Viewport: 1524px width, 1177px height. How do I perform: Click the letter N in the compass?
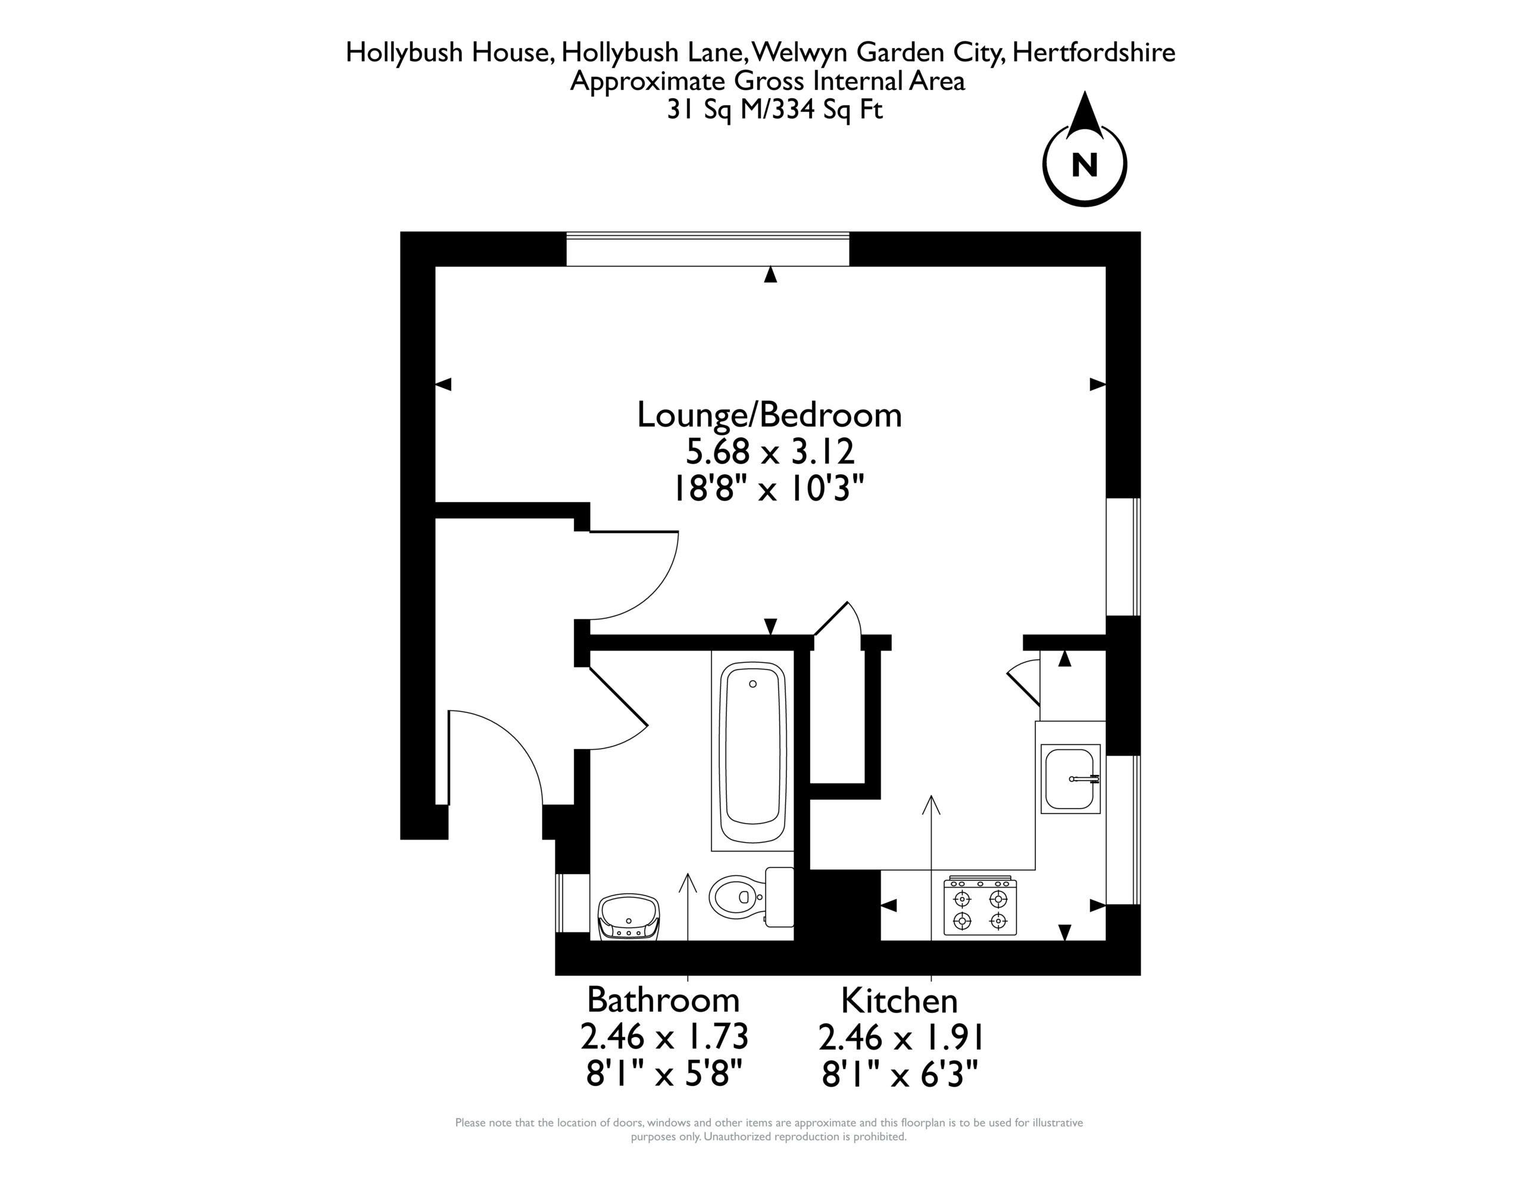1085,165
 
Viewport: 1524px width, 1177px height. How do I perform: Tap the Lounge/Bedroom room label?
770,415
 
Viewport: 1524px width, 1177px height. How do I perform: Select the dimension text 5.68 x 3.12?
770,452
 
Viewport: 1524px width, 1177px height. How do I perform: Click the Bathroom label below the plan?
663,1000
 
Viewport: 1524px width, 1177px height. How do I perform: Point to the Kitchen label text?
900,1001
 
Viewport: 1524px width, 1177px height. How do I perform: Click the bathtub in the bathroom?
752,753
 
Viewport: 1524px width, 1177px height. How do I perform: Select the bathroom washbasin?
629,918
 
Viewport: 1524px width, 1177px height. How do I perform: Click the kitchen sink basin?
1070,779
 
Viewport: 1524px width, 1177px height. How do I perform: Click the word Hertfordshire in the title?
1094,53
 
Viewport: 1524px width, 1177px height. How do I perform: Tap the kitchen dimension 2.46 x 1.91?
900,1038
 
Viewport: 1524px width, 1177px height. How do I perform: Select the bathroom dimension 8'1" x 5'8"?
664,1073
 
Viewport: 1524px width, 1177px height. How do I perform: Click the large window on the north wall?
708,249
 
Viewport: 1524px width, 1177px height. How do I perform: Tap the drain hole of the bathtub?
752,684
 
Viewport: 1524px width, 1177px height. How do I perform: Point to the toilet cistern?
779,897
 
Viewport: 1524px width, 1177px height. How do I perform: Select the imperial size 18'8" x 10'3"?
769,489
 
